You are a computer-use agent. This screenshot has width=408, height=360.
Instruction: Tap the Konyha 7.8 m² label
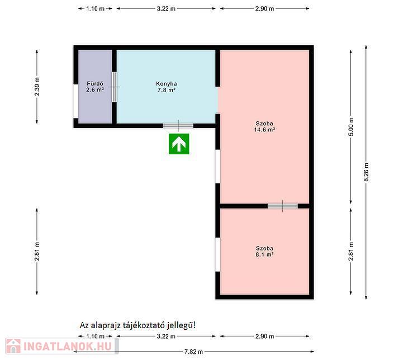tap(166, 87)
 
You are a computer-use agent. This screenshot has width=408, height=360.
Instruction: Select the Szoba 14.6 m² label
tap(264, 126)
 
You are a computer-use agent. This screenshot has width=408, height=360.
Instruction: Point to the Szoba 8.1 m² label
tap(264, 251)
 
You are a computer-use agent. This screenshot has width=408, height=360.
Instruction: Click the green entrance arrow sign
tap(179, 144)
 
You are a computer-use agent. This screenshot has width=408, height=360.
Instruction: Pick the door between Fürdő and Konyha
tap(114, 87)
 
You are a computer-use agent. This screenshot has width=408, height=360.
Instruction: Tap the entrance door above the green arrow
tap(178, 126)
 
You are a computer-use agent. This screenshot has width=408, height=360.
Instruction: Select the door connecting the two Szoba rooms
tap(283, 206)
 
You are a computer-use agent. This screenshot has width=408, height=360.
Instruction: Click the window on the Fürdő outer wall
tap(75, 101)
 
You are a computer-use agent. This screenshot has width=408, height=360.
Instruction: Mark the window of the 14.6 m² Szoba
tap(218, 167)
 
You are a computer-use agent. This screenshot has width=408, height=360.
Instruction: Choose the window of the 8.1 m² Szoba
tap(218, 254)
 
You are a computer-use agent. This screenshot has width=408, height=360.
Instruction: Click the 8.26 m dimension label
tap(366, 172)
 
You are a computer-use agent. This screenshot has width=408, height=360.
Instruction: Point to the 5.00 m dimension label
tap(351, 127)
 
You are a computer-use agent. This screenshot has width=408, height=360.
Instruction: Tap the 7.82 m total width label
tap(193, 352)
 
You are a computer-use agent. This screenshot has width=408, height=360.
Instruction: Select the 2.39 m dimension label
tap(37, 87)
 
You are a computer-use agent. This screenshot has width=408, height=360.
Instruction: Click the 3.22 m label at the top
tap(166, 8)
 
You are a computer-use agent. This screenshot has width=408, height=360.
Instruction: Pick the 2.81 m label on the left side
tap(37, 251)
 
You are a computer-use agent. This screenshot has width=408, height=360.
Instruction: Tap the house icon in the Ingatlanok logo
tap(13, 346)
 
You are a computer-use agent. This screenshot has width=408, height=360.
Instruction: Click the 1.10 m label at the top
tap(95, 8)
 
